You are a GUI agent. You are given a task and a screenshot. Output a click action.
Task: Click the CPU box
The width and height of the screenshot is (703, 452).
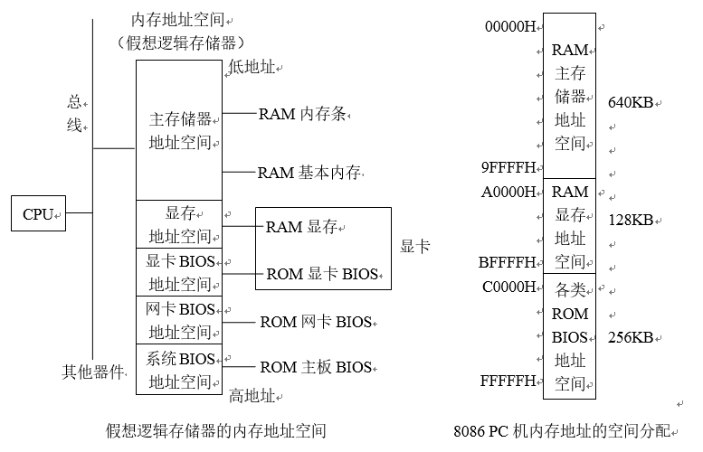click(x=38, y=214)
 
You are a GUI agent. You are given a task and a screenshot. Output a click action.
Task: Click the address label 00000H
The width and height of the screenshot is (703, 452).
click(x=510, y=26)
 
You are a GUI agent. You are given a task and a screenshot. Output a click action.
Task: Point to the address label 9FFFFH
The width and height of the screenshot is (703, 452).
click(x=510, y=167)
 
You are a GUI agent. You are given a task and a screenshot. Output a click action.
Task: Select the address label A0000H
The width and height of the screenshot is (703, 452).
click(x=510, y=192)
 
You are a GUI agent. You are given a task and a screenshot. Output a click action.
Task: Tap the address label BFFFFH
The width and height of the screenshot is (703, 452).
click(x=510, y=263)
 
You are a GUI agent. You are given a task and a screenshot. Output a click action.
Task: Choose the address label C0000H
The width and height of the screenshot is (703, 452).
click(x=510, y=287)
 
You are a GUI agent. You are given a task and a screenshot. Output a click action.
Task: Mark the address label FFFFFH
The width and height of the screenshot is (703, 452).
click(x=510, y=381)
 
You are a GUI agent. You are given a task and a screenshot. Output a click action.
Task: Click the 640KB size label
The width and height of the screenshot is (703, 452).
click(x=631, y=102)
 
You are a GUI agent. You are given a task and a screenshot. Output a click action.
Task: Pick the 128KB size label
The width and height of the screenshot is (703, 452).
click(x=631, y=220)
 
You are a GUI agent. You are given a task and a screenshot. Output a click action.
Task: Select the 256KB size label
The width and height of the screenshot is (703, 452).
click(x=631, y=337)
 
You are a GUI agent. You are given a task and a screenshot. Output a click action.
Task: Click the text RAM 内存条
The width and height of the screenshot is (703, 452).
click(x=302, y=114)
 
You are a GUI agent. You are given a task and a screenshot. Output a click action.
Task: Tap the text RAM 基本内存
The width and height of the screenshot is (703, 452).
click(x=309, y=172)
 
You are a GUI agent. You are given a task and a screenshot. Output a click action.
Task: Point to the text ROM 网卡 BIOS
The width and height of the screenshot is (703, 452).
click(x=315, y=321)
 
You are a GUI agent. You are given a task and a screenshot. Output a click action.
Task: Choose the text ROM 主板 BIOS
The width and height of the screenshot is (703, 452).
click(x=315, y=367)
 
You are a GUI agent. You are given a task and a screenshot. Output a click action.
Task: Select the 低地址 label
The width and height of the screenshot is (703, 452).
click(x=253, y=67)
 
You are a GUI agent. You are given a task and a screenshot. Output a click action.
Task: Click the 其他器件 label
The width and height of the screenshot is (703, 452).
click(x=92, y=372)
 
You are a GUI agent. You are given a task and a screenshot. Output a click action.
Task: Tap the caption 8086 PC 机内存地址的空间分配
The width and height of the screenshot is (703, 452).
click(x=568, y=431)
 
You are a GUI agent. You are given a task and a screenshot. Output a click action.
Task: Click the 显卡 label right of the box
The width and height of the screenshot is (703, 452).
click(x=414, y=247)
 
